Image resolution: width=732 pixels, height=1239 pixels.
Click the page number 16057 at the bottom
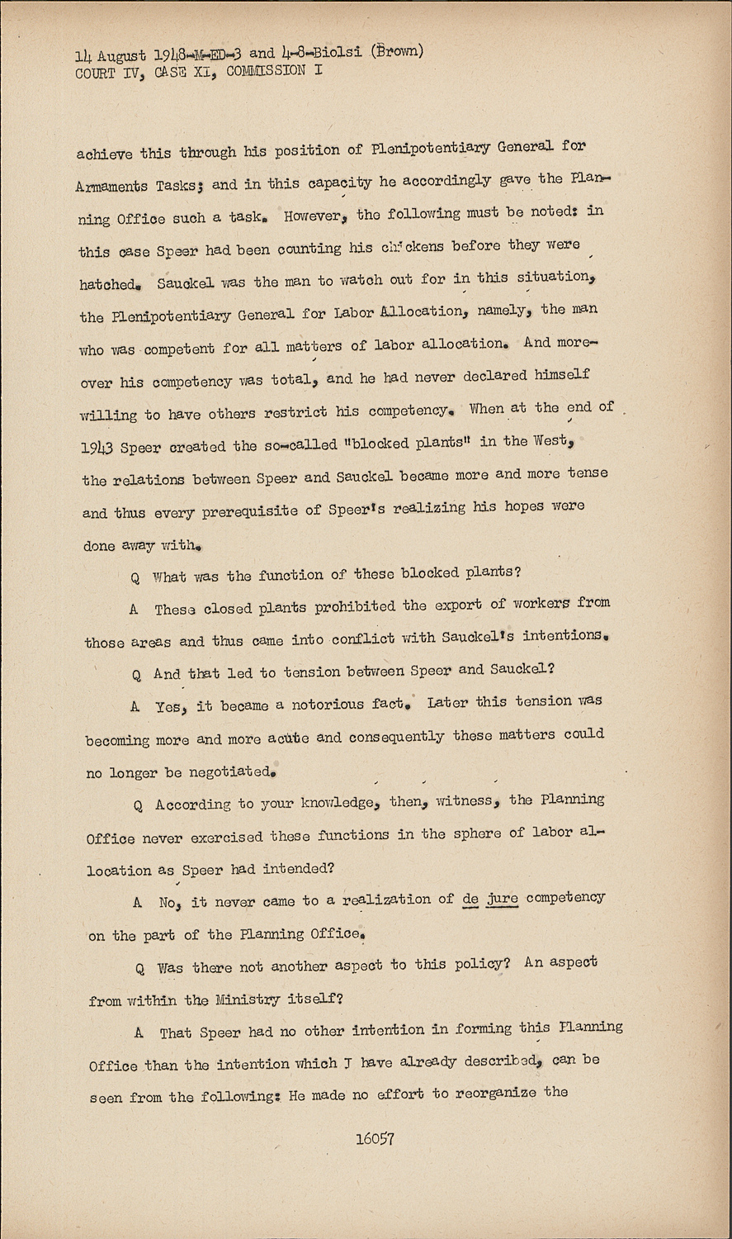[374, 1138]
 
